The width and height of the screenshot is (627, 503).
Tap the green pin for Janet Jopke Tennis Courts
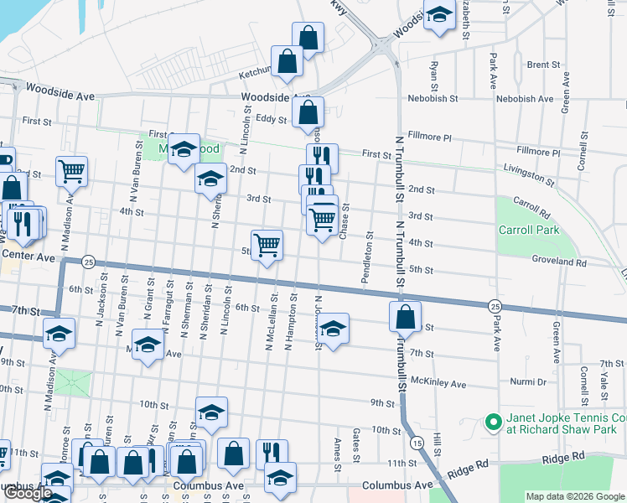point(491,423)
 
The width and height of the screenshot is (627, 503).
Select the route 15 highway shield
point(417,442)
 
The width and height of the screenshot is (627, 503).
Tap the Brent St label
point(543,65)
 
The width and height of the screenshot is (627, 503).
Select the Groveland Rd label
point(558,262)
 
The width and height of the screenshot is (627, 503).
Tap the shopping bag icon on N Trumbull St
point(406,317)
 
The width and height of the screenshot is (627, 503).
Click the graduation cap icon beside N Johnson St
point(333,329)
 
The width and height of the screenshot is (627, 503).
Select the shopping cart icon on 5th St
point(267,245)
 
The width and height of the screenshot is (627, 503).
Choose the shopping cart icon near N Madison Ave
point(72,170)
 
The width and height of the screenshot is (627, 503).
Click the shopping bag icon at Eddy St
point(308,111)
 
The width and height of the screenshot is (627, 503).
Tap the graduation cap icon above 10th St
point(212,412)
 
